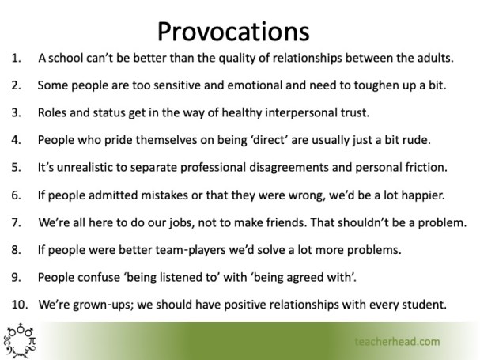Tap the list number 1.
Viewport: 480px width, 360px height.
(16, 59)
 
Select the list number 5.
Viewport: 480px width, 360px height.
(17, 167)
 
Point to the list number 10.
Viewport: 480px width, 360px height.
(19, 303)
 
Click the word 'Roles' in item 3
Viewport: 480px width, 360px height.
(54, 113)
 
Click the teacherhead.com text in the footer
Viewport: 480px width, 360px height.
(397, 342)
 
